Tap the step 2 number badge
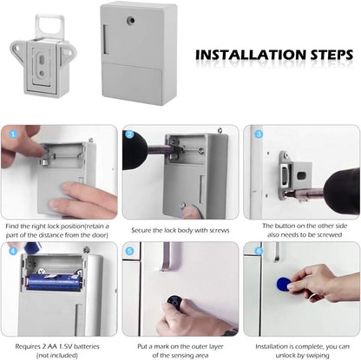pos(130,134)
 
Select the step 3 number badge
pos(258,134)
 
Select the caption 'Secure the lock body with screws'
pos(180,231)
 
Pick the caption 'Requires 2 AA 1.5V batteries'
pos(59,349)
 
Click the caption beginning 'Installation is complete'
pos(300,349)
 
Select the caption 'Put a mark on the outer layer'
pos(180,349)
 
